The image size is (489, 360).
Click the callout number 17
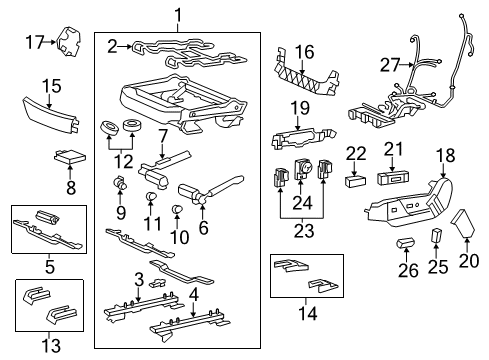(35, 42)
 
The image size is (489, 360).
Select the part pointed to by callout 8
(70, 156)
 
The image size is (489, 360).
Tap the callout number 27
(390, 65)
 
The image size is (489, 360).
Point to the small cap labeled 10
(176, 210)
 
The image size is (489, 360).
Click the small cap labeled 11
(151, 197)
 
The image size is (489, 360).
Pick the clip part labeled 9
(120, 183)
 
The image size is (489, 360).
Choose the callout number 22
(356, 154)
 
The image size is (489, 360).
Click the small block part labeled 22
(355, 181)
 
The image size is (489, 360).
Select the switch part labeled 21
(392, 178)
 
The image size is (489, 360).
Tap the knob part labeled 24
(302, 169)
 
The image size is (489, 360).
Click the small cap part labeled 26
(406, 243)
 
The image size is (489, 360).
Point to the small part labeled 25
(437, 236)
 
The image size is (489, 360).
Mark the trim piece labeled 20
(463, 223)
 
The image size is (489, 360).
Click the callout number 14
(308, 314)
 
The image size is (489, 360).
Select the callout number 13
(52, 345)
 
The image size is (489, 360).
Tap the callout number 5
(50, 267)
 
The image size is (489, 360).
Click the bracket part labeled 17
(68, 41)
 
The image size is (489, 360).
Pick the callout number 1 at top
(178, 16)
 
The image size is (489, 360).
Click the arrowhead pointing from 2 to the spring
(130, 47)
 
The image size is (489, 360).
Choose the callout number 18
(446, 155)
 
